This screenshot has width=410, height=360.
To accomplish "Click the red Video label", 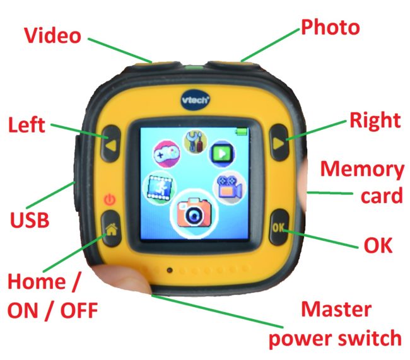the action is [52, 35].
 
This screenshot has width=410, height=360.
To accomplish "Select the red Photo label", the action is [331, 27].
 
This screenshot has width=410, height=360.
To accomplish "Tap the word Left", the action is [26, 124].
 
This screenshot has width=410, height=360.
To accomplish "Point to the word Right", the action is [375, 120].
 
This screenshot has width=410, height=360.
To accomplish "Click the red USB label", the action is [30, 219].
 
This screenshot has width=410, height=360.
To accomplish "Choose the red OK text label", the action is [378, 245].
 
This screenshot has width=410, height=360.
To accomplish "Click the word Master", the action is [336, 309].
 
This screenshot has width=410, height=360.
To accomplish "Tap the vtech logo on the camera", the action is [196, 100].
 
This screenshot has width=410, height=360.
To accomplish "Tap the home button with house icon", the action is [112, 228].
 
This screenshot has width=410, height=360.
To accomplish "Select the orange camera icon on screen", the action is [194, 213].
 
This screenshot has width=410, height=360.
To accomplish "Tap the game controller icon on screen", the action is [167, 154].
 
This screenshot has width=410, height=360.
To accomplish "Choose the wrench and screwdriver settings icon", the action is [196, 141].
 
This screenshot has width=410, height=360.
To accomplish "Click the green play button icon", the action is [222, 153].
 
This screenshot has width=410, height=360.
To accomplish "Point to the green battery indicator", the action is [242, 131].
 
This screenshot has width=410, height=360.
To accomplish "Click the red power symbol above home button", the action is [110, 199].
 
